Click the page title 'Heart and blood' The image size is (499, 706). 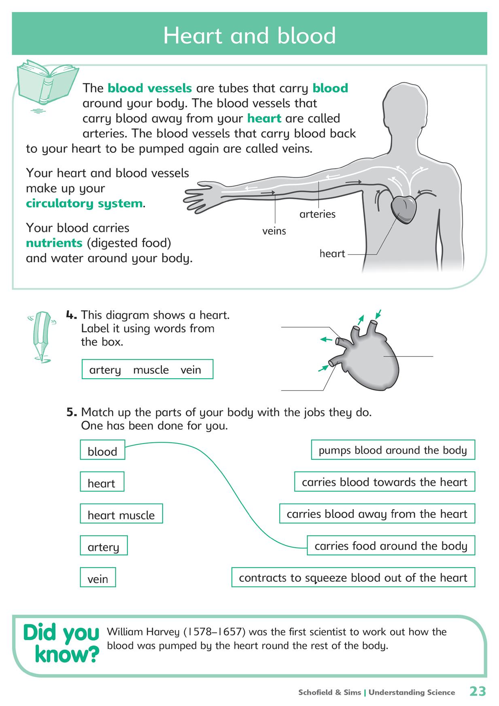pyautogui.click(x=249, y=36)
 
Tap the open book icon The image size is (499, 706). pyautogui.click(x=47, y=83)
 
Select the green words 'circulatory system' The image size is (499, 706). pyautogui.click(x=84, y=203)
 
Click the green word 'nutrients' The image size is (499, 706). pyautogui.click(x=54, y=243)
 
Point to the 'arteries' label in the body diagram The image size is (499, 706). pyautogui.click(x=317, y=214)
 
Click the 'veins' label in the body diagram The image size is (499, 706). pyautogui.click(x=274, y=231)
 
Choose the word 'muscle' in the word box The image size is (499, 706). pyautogui.click(x=151, y=370)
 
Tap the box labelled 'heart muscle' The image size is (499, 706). pyautogui.click(x=121, y=514)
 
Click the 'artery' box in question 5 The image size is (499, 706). pyautogui.click(x=104, y=546)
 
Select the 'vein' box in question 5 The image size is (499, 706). pyautogui.click(x=98, y=578)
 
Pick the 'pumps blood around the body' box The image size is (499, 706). pyautogui.click(x=393, y=450)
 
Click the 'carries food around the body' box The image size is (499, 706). pyautogui.click(x=391, y=546)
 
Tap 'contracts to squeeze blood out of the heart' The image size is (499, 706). pyautogui.click(x=353, y=577)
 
